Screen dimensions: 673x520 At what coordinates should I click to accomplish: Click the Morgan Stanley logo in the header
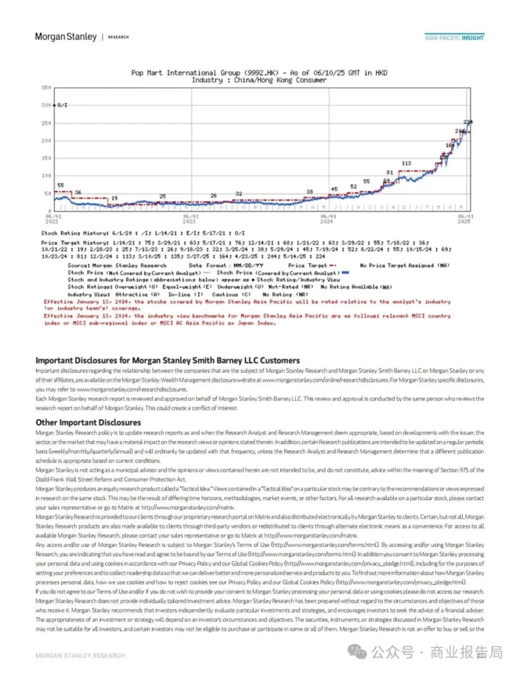coord(66,37)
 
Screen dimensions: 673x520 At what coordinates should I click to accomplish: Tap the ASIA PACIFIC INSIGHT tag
coord(454,37)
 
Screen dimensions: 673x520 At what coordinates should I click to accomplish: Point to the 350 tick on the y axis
coord(46,87)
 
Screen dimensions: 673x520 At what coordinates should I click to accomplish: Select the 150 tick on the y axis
coord(46,158)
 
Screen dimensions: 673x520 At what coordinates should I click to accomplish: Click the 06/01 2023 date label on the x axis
coord(191,218)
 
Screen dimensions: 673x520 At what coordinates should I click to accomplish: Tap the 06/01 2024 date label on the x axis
coord(328,218)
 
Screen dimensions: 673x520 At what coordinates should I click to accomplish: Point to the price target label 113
coord(406,164)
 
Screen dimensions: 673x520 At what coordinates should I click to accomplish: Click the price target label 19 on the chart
coord(114,198)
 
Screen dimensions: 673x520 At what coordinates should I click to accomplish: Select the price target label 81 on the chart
coord(389,172)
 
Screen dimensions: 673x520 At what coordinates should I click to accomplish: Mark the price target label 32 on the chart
coord(239,195)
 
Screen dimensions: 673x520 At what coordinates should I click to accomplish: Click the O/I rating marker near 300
coord(61,105)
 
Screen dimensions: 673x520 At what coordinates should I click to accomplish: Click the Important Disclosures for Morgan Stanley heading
coord(168,360)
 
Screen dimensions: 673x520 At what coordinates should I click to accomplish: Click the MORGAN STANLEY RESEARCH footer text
coord(80,655)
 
